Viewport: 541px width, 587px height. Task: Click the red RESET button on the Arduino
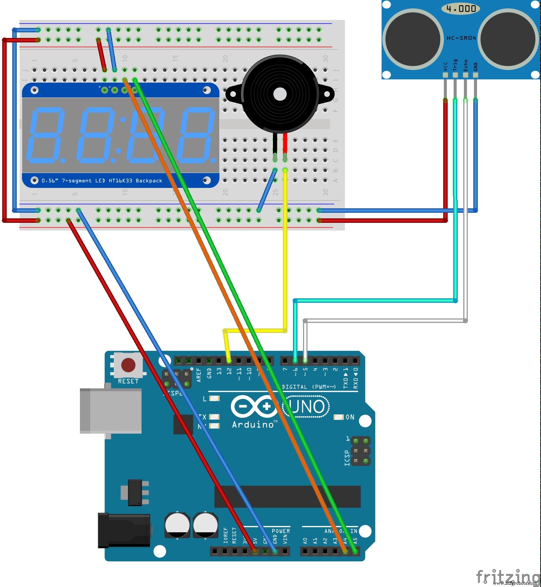tap(128, 365)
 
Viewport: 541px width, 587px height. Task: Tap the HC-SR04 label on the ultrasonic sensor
tap(461, 38)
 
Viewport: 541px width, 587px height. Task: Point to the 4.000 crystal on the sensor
tap(461, 9)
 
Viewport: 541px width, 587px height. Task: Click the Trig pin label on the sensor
tap(455, 65)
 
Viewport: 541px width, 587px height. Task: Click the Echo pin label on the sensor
tap(466, 65)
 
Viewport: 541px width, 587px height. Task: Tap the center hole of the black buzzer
tap(280, 94)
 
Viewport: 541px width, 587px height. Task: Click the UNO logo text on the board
tap(306, 407)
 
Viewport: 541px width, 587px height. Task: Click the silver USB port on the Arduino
tap(111, 411)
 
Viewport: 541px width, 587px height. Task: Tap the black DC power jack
tap(124, 530)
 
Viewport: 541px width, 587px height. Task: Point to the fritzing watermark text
tap(508, 577)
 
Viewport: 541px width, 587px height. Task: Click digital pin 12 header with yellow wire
tap(229, 360)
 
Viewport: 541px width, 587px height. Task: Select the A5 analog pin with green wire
tap(355, 551)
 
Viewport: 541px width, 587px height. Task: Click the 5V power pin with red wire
tap(255, 551)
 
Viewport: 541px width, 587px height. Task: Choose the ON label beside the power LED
tap(350, 417)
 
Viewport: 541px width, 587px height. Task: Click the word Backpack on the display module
tap(149, 181)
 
